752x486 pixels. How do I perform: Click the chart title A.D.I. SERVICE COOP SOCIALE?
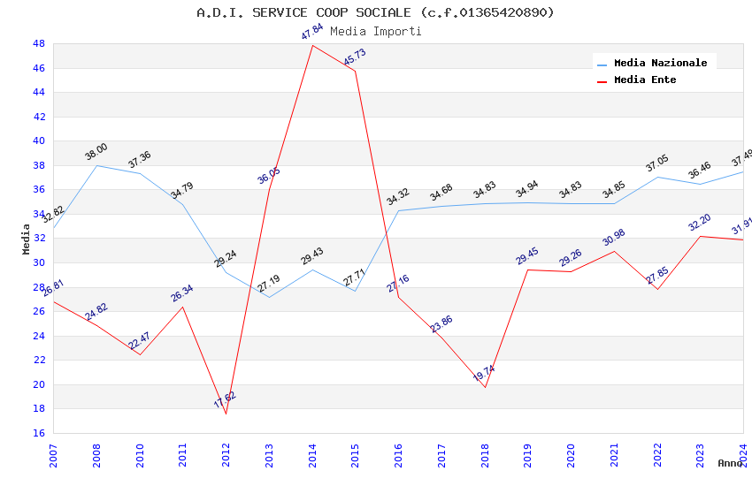pyautogui.click(x=375, y=12)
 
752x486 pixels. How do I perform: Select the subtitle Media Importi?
pyautogui.click(x=375, y=31)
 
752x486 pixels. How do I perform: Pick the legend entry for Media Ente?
pyautogui.click(x=645, y=80)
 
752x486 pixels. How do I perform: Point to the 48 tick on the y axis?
pyautogui.click(x=39, y=43)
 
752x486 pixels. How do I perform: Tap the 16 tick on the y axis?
pyautogui.click(x=39, y=433)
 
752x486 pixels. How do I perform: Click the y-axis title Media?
pyautogui.click(x=27, y=239)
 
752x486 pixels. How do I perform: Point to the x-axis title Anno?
pyautogui.click(x=730, y=463)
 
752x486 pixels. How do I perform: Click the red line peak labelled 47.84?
pyautogui.click(x=312, y=45)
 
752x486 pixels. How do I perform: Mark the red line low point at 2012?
pyautogui.click(x=226, y=414)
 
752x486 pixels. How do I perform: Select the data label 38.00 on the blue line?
pyautogui.click(x=96, y=151)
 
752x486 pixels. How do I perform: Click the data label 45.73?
pyautogui.click(x=354, y=57)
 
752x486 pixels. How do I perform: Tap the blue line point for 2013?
pyautogui.click(x=269, y=297)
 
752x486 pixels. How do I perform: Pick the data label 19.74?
pyautogui.click(x=484, y=374)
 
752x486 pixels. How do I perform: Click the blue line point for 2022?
pyautogui.click(x=657, y=177)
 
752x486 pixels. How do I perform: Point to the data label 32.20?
pyautogui.click(x=700, y=222)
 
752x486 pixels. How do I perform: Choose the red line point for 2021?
pyautogui.click(x=614, y=251)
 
